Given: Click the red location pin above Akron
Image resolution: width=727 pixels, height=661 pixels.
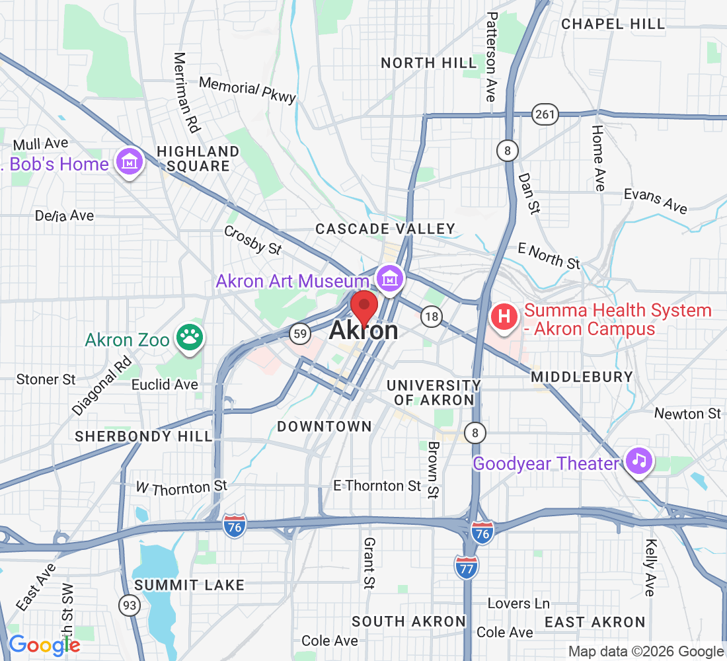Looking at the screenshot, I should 363,307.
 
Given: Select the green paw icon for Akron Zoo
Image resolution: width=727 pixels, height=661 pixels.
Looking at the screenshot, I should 190,338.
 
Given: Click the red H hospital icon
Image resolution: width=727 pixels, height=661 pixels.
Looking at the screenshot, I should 504,317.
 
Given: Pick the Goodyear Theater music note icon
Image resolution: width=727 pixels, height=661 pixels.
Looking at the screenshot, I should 638,460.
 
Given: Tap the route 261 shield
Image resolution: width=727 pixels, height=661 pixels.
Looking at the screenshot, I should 546,114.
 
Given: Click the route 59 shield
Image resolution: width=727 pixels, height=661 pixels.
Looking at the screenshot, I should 300,334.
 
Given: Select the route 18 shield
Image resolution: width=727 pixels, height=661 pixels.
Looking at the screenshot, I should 432,317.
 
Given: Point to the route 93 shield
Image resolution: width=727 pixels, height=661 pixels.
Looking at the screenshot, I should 129,604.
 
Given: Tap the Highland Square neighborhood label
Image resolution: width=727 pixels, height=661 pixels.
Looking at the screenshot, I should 198,159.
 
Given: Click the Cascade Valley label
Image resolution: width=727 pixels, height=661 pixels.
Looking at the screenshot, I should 385,229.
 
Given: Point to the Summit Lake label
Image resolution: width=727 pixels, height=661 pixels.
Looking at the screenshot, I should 190,585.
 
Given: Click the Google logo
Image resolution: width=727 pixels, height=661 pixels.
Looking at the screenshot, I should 44,644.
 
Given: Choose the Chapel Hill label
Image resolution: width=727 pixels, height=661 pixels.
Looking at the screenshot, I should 613,24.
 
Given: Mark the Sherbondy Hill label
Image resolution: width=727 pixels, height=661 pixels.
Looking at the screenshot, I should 144,436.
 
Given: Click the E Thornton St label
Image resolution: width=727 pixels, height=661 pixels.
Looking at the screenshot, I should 377,486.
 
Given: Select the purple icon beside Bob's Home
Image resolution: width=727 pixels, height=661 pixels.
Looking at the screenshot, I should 130,161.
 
